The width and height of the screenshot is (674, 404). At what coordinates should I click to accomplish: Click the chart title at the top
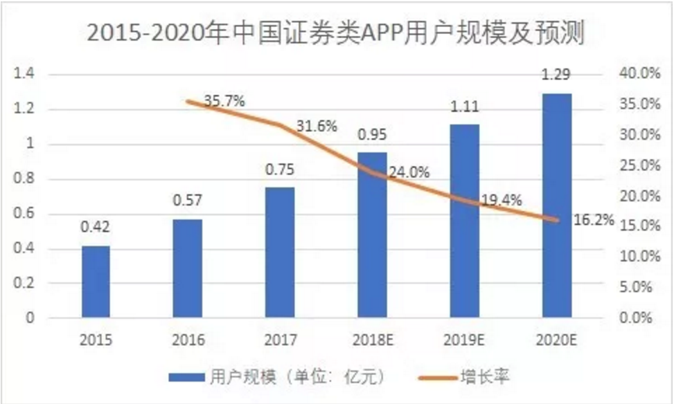coord(336,33)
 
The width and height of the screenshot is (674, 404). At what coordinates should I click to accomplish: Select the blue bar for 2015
coord(96,282)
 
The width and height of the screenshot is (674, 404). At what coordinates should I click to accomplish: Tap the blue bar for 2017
coord(280,252)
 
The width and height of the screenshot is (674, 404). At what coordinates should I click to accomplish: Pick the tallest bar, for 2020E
coord(557,205)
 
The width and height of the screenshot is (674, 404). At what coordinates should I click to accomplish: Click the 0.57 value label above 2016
coord(188,201)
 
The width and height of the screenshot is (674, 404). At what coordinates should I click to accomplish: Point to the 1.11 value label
coord(465,106)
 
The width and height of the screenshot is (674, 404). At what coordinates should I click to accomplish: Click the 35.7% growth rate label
coord(224,101)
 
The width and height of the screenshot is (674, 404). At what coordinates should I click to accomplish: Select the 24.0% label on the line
coord(409,172)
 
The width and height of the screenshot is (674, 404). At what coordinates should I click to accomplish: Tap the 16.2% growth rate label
coord(594,220)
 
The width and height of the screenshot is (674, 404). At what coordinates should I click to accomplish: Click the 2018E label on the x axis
coord(373,340)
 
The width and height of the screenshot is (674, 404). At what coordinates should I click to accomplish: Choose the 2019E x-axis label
coord(464,340)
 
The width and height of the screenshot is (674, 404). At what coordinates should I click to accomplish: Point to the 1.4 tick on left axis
coord(24,74)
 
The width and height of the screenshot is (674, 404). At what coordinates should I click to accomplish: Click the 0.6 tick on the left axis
coord(24,213)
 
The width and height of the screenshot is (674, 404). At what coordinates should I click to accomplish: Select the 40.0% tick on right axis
coord(639,73)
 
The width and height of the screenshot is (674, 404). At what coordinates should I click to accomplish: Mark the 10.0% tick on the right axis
coord(639,257)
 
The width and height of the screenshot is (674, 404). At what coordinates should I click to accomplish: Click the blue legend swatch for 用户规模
coord(186,378)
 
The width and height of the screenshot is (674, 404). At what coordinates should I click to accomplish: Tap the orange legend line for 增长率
coord(438,378)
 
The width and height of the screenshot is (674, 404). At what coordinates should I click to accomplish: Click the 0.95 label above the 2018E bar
coord(372,134)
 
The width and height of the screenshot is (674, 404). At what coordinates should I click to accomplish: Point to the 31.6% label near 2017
coord(317,126)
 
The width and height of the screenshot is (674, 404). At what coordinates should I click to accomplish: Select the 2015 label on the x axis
coord(96,340)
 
